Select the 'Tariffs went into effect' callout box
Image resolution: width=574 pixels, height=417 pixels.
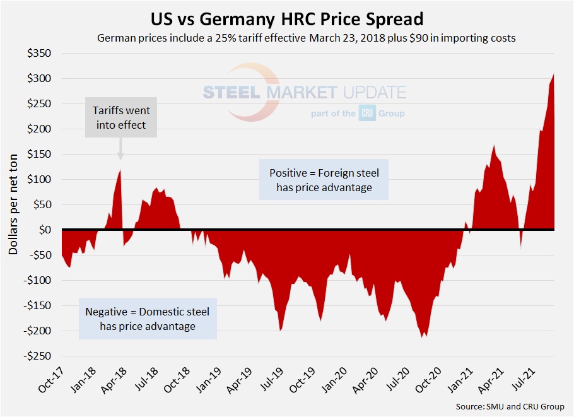click(x=120, y=118)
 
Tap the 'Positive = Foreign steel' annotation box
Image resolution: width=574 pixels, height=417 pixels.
click(x=324, y=180)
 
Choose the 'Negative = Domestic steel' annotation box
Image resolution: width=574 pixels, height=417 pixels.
click(x=148, y=319)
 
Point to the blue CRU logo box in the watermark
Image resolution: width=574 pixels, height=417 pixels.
click(x=367, y=114)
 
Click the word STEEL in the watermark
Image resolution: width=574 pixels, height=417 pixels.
click(x=231, y=93)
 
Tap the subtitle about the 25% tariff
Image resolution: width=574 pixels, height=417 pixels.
click(x=307, y=38)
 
